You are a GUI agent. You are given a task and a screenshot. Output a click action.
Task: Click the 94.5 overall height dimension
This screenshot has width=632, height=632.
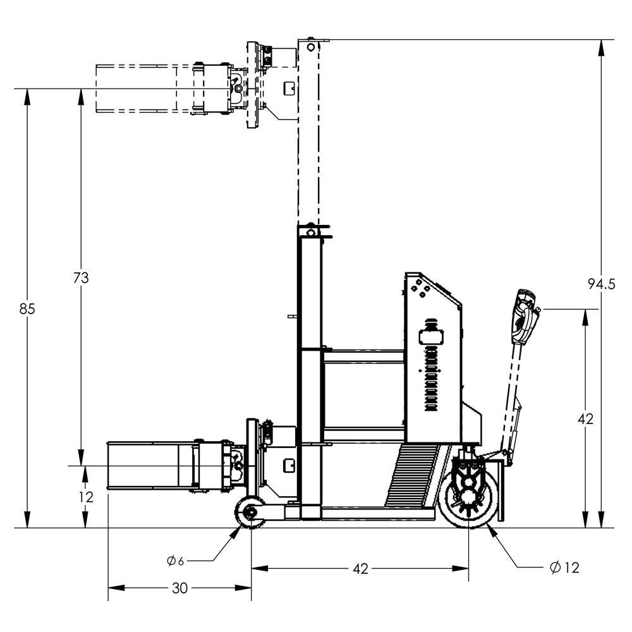[600, 284]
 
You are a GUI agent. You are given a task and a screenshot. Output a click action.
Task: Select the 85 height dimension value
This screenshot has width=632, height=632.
[27, 309]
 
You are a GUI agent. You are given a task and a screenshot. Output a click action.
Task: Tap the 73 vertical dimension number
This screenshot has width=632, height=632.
[81, 277]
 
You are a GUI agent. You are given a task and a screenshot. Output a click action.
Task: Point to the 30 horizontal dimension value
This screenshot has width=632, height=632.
[179, 588]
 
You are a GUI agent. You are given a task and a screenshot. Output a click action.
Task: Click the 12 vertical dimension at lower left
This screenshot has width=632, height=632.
[85, 497]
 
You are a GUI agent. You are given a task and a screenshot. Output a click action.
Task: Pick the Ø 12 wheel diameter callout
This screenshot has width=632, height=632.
[564, 568]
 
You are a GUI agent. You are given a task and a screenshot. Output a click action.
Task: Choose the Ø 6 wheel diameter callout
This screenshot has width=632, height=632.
[176, 561]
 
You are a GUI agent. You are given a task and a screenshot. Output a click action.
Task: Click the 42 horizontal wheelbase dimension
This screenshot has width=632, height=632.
[360, 569]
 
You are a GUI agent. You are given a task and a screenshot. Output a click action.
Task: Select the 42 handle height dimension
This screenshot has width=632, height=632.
[586, 418]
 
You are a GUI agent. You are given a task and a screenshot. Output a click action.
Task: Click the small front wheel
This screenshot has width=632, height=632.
[251, 511]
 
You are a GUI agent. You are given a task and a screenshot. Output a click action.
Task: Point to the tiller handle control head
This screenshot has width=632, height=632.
[526, 316]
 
